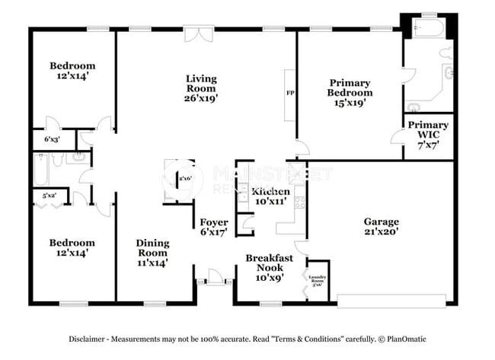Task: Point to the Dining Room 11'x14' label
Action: tap(152, 253)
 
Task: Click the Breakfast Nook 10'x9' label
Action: tap(270, 268)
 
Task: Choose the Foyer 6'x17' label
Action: tap(214, 228)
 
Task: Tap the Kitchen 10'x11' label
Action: tap(270, 196)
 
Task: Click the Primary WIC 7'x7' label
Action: tap(428, 130)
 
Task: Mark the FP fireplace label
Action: tap(289, 94)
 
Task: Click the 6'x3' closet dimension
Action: tap(51, 140)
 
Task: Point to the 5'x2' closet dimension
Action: tap(49, 196)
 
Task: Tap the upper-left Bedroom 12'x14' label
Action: tap(72, 71)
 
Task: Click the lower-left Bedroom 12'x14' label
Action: tap(72, 248)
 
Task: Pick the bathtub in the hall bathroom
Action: tap(41, 169)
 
